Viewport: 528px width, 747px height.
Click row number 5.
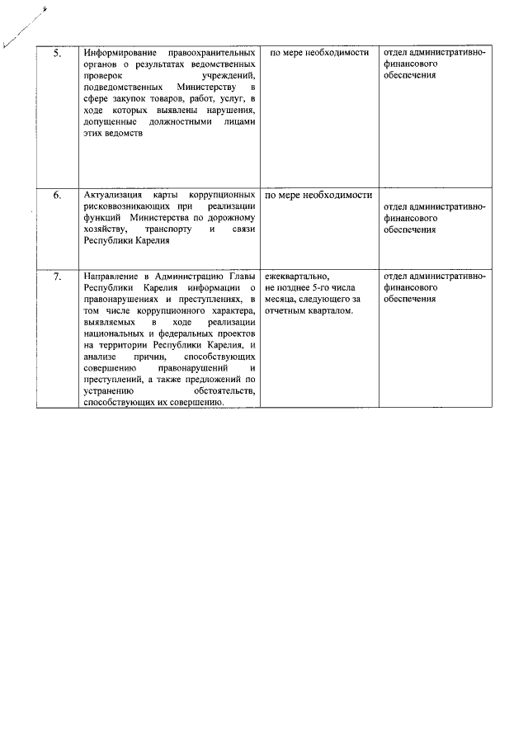coord(57,53)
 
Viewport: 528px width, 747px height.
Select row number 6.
coord(57,196)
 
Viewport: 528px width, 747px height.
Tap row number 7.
coord(57,277)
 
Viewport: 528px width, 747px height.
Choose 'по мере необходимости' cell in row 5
coord(317,53)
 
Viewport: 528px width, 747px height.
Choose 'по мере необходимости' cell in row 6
coord(318,196)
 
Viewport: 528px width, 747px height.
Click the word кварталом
coord(332,310)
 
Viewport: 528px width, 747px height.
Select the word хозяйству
coord(105,229)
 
